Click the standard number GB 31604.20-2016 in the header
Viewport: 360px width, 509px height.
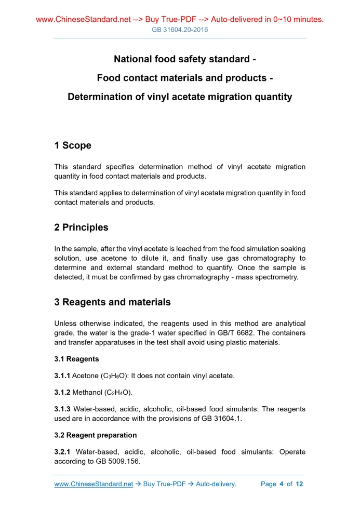[180, 30]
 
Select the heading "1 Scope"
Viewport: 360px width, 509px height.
[73, 145]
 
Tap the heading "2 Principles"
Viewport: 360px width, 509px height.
[82, 227]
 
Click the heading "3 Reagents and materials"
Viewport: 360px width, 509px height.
[112, 302]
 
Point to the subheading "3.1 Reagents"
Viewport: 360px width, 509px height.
[76, 359]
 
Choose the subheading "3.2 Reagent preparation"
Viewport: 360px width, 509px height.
[96, 435]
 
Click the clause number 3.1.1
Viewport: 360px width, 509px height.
[62, 375]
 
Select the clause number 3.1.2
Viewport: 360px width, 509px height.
[62, 392]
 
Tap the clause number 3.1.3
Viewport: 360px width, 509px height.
[62, 409]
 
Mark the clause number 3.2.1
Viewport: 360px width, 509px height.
[62, 452]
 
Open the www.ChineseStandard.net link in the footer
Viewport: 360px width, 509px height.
[94, 484]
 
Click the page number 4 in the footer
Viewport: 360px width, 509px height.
[281, 484]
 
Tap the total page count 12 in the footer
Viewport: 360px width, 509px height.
[299, 484]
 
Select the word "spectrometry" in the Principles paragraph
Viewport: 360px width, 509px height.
[275, 277]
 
